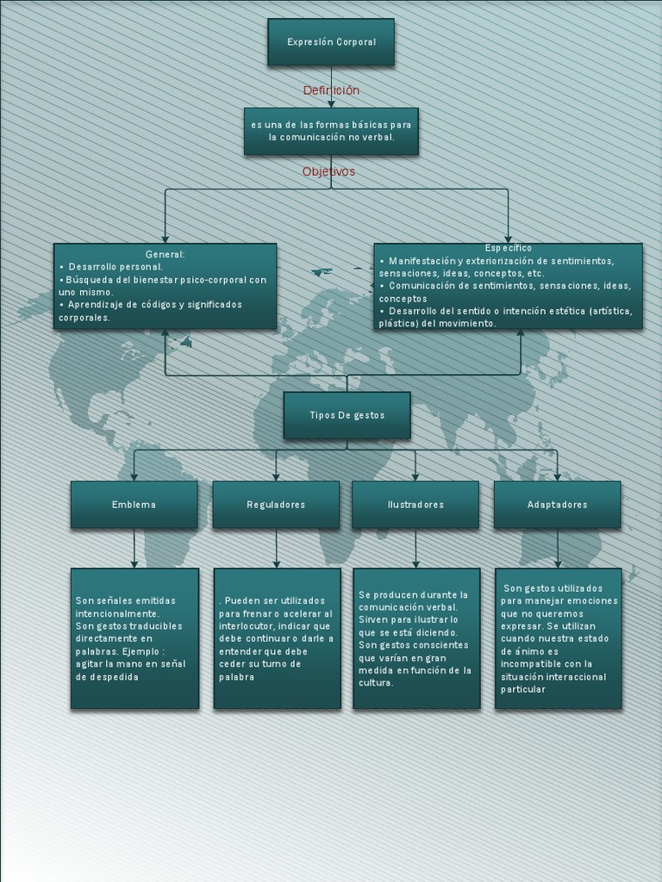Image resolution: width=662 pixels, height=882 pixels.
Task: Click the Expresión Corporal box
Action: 331,42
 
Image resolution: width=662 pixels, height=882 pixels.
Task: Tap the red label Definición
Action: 331,90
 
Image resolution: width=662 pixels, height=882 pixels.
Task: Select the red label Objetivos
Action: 328,171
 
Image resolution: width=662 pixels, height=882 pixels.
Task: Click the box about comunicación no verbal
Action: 331,131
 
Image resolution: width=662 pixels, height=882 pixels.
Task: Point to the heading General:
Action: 165,254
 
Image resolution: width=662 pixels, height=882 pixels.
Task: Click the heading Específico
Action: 508,248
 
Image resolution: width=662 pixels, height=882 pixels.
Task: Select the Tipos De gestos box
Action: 347,415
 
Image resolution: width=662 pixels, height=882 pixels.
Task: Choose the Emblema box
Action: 134,505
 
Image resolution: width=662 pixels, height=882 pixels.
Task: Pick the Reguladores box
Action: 276,505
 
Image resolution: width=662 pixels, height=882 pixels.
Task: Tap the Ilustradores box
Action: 415,505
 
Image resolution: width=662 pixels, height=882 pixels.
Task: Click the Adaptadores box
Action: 557,505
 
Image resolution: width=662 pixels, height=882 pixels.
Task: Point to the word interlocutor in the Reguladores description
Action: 247,626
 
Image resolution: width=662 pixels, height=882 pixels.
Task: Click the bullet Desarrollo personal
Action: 116,267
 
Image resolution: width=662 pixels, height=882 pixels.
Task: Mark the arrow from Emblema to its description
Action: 134,549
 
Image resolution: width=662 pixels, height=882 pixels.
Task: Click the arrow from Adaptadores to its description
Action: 557,549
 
